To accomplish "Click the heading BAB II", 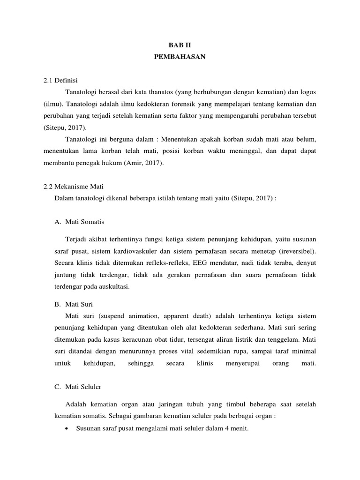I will click(180, 45).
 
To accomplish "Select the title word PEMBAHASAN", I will click(180, 57).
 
